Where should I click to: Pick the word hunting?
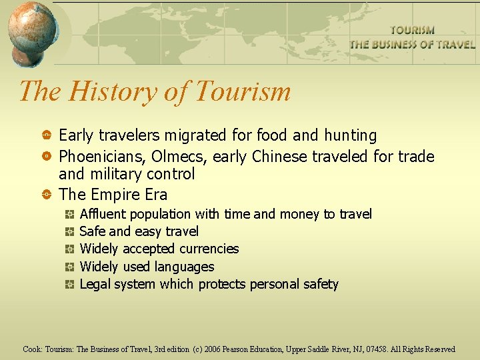click(x=350, y=136)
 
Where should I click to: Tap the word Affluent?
click(x=103, y=214)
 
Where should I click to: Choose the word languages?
click(x=182, y=267)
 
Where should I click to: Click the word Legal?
click(x=95, y=284)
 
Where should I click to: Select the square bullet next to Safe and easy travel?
click(x=69, y=232)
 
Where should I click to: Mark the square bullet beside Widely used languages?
click(x=69, y=267)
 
